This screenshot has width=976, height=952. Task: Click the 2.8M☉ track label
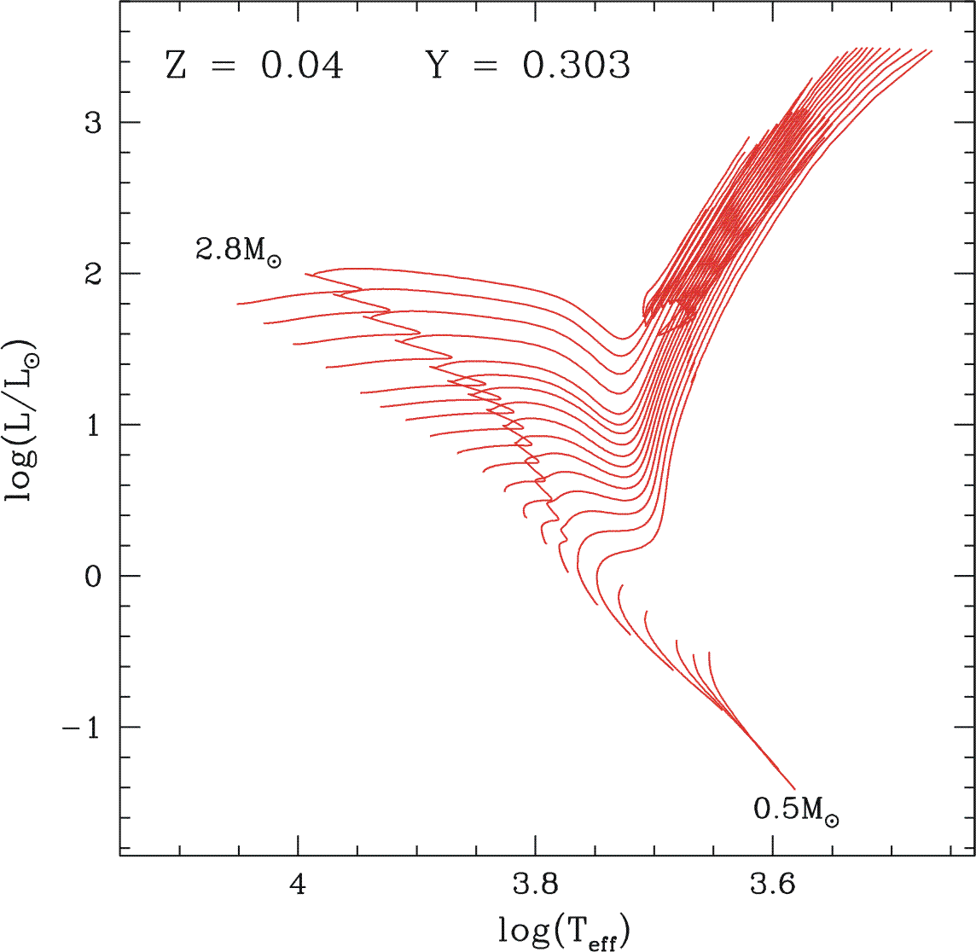tap(238, 251)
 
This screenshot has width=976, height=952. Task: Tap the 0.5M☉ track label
tap(795, 810)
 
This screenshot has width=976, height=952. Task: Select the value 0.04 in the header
tap(302, 66)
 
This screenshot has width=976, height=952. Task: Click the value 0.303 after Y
tap(577, 66)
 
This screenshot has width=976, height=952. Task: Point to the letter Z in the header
tap(176, 66)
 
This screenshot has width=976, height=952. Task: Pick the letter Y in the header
tap(437, 66)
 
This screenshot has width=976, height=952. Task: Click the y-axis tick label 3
tap(93, 122)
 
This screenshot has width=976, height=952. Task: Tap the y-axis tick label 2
tap(93, 274)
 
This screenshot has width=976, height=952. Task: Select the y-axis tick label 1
tap(93, 425)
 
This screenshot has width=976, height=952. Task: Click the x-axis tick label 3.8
tap(536, 885)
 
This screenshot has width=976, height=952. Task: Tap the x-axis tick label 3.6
tap(773, 885)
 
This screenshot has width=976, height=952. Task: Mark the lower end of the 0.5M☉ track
tap(794, 789)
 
